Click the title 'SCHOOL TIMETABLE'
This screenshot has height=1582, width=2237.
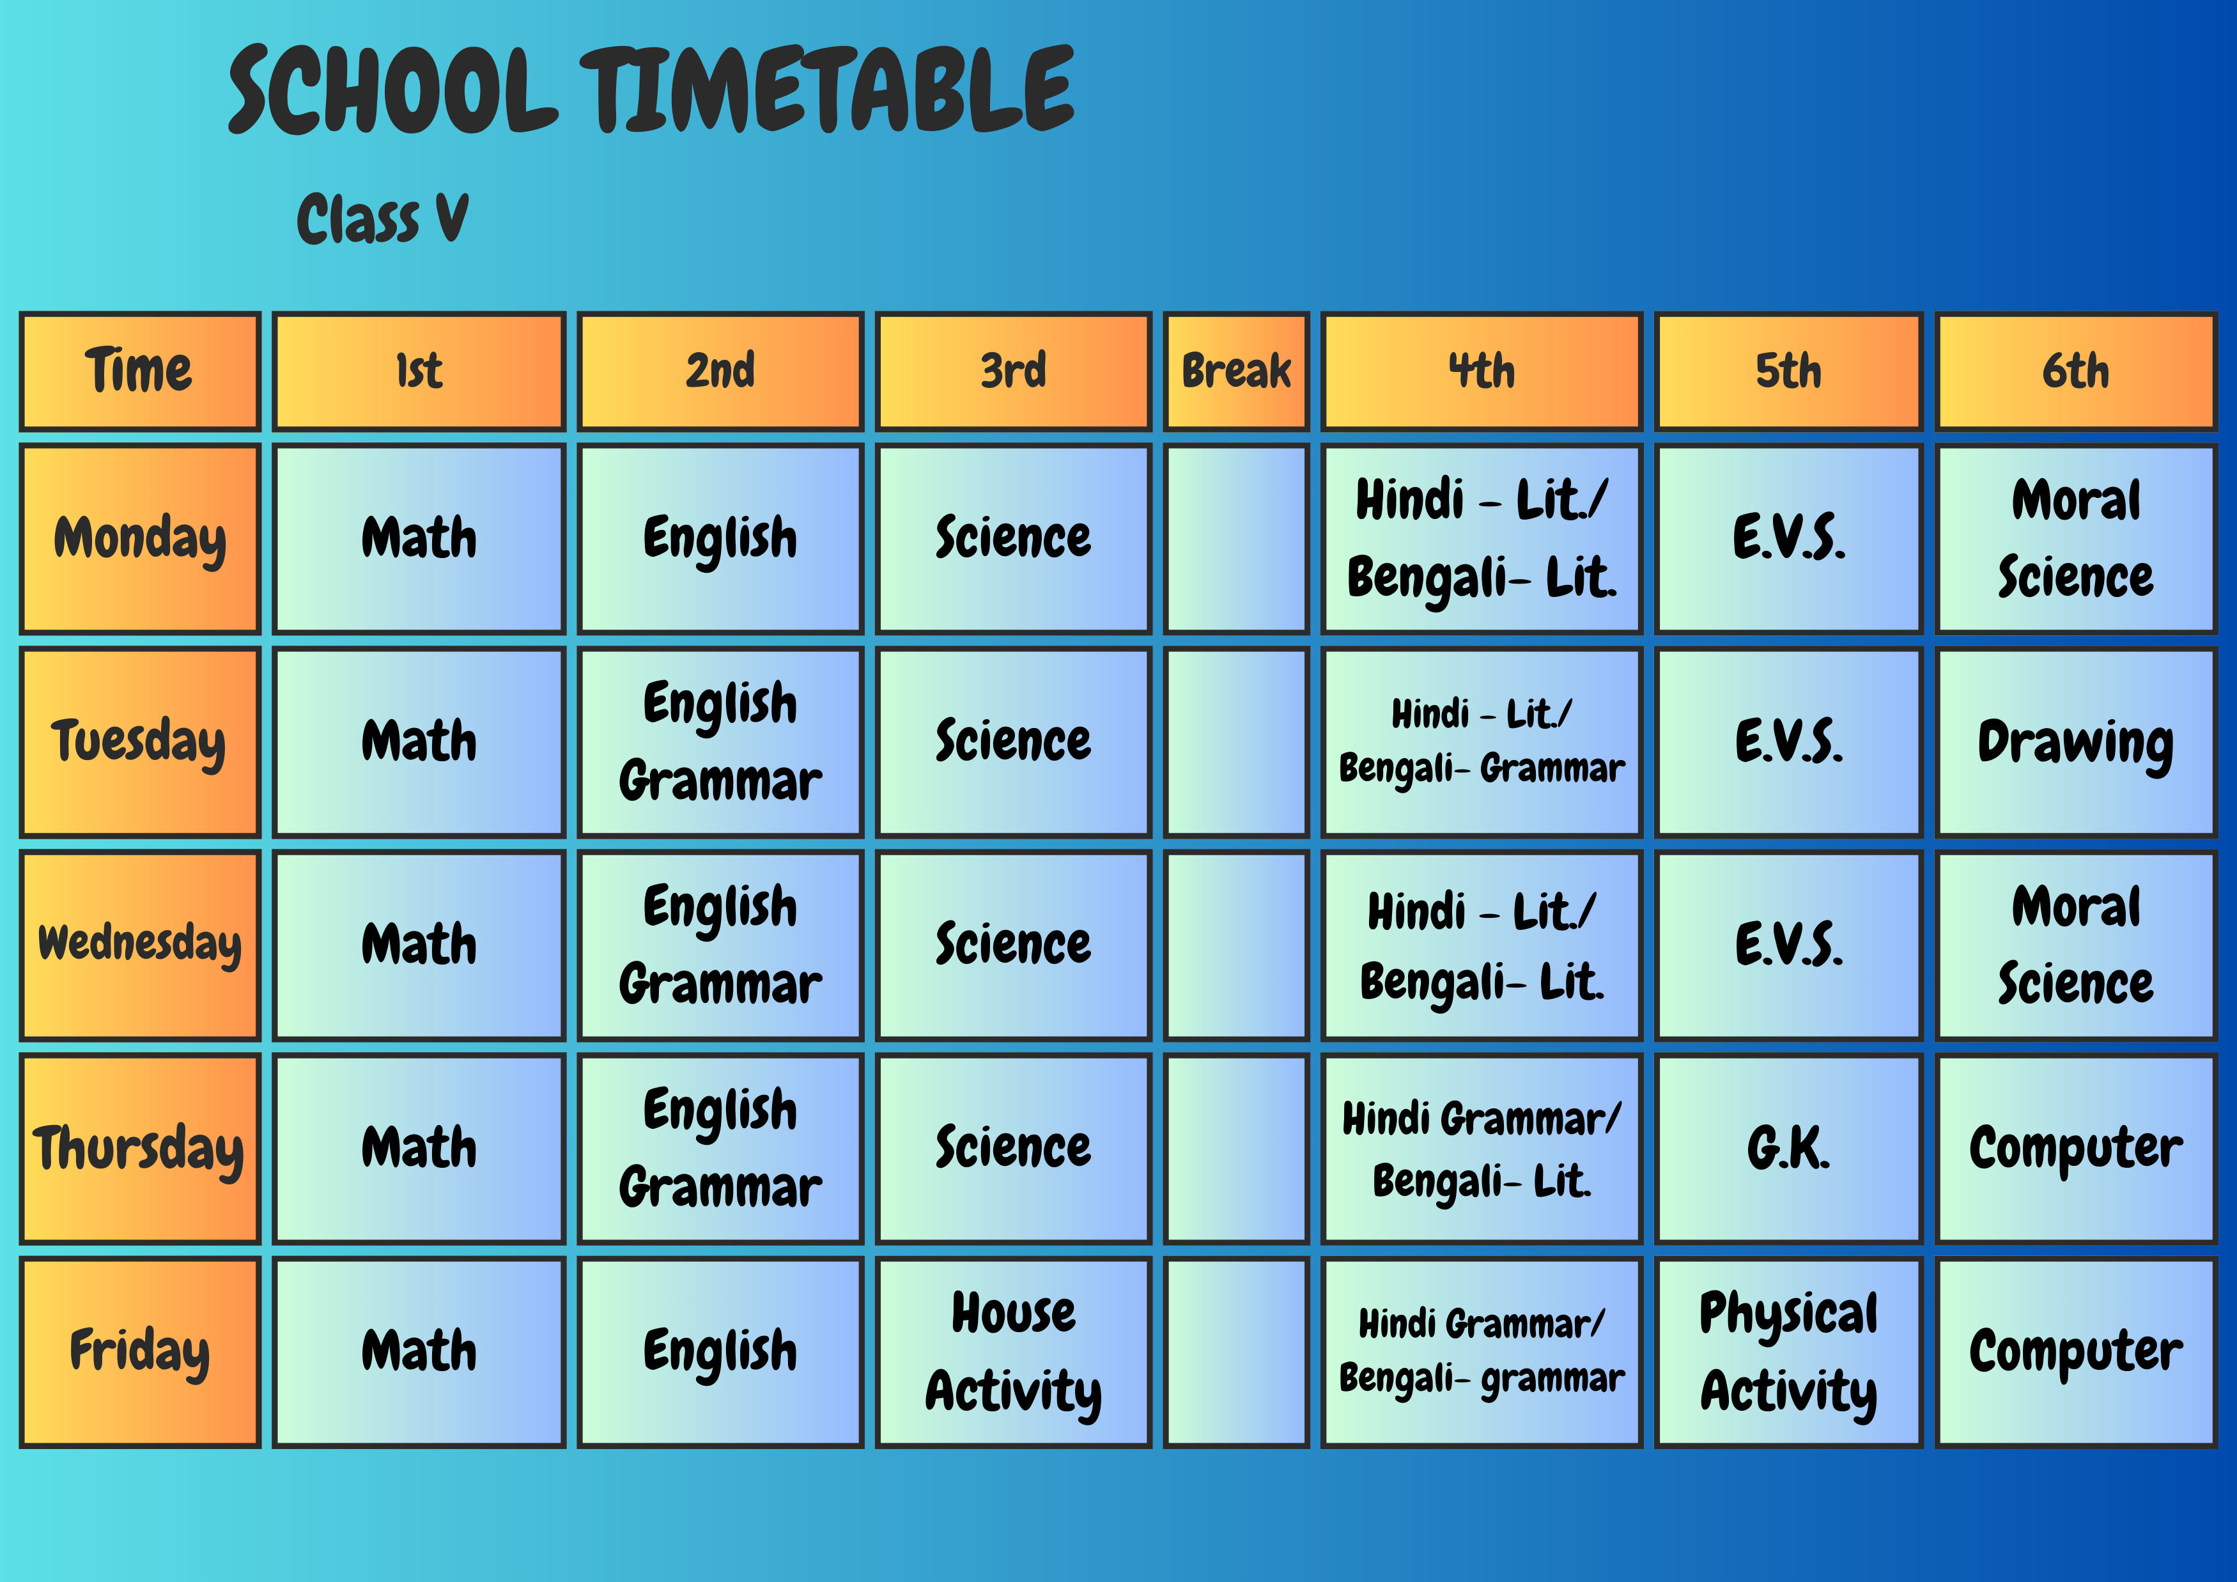pyautogui.click(x=651, y=89)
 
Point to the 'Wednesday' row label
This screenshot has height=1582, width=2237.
pyautogui.click(x=141, y=945)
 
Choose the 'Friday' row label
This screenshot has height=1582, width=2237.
pyautogui.click(x=141, y=1351)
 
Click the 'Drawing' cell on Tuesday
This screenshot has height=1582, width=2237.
pyautogui.click(x=2075, y=742)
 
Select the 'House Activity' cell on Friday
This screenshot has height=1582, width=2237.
pyautogui.click(x=1013, y=1351)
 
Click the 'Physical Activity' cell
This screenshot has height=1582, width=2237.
pyautogui.click(x=1788, y=1351)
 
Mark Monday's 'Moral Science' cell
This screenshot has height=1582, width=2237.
pyautogui.click(x=2075, y=539)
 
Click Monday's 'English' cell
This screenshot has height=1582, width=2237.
pyautogui.click(x=720, y=539)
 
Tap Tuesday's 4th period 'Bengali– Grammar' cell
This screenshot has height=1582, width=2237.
pyautogui.click(x=1481, y=742)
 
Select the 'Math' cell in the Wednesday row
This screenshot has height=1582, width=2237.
pyautogui.click(x=419, y=945)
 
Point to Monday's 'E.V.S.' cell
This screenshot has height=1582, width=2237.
pyautogui.click(x=1788, y=539)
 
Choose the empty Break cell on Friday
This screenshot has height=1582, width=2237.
pyautogui.click(x=1236, y=1351)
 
